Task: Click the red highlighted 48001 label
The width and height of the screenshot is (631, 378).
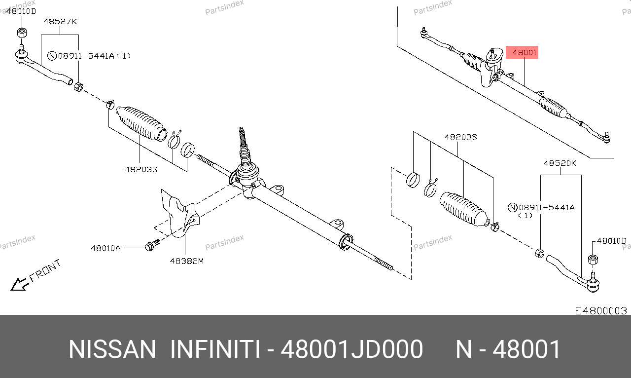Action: pyautogui.click(x=522, y=52)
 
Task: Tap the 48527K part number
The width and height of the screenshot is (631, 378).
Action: pyautogui.click(x=60, y=21)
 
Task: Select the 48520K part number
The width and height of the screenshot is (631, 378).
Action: pyautogui.click(x=560, y=163)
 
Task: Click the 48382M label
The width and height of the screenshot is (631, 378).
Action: pyautogui.click(x=187, y=261)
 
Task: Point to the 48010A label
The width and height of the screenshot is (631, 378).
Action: pyautogui.click(x=105, y=248)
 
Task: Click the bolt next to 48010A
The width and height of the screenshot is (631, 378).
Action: pyautogui.click(x=152, y=245)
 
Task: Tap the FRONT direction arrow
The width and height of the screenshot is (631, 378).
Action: pyautogui.click(x=20, y=284)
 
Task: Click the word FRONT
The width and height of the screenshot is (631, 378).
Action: pyautogui.click(x=45, y=270)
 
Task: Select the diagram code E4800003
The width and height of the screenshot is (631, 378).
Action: pyautogui.click(x=601, y=311)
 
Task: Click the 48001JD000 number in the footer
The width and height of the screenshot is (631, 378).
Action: pyautogui.click(x=352, y=349)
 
